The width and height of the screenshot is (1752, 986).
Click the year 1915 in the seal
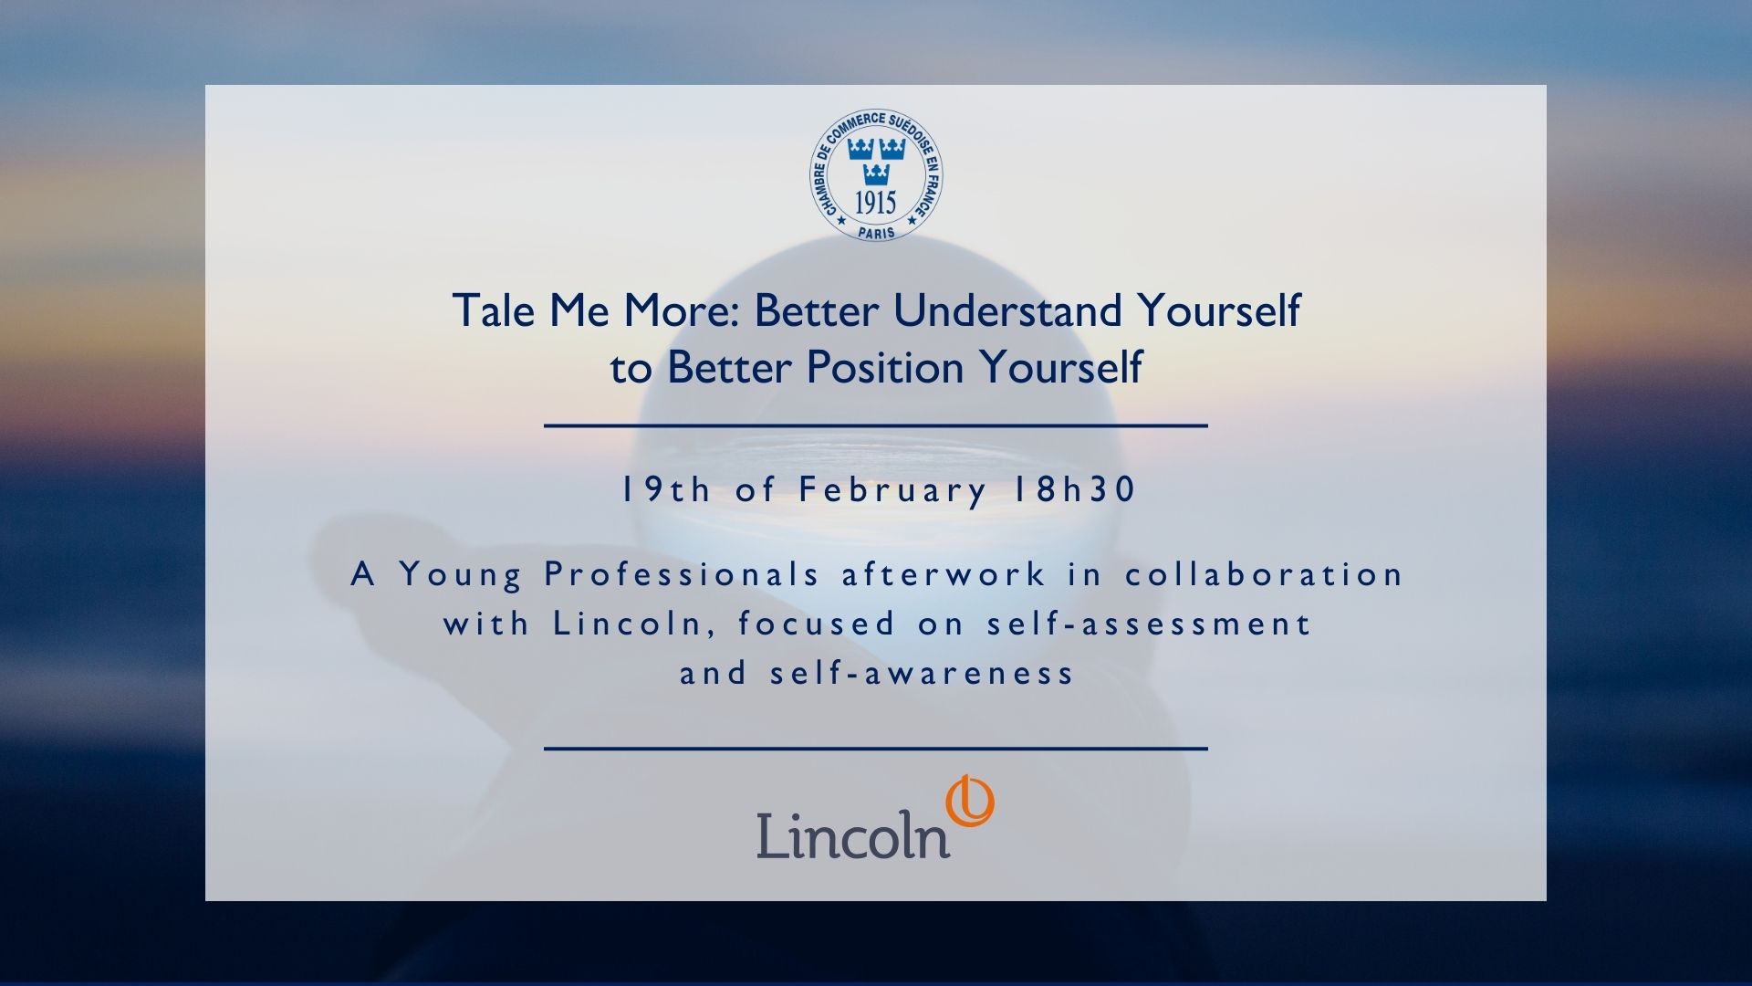(x=875, y=202)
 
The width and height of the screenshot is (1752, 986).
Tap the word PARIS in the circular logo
(x=876, y=232)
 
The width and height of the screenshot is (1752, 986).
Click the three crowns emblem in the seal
(x=875, y=160)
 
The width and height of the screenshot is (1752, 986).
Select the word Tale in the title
(x=493, y=310)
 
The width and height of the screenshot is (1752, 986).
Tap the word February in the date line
(x=892, y=491)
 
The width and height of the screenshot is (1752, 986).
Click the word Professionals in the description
(x=683, y=574)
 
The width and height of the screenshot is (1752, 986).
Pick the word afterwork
(x=944, y=574)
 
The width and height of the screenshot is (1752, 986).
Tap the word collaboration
(x=1265, y=574)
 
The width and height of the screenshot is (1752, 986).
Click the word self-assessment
(x=1150, y=624)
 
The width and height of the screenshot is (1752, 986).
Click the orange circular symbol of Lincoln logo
(x=969, y=802)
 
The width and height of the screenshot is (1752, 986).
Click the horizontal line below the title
(x=876, y=425)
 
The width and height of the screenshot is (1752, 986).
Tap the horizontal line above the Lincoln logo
(x=876, y=749)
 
